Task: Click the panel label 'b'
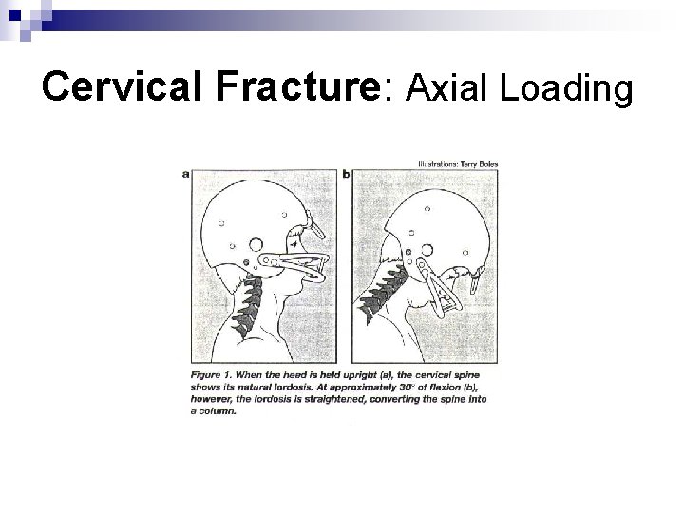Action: pos(346,173)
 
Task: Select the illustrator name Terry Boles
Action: pos(466,163)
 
